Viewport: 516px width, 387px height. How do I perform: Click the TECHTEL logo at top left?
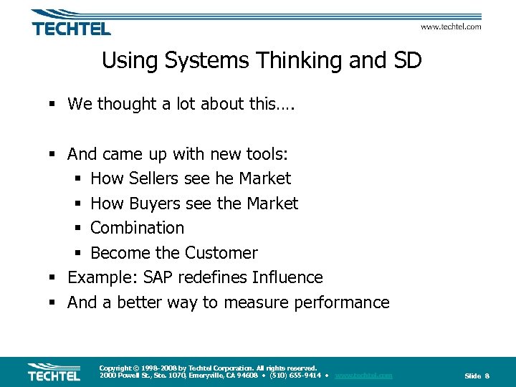pyautogui.click(x=70, y=24)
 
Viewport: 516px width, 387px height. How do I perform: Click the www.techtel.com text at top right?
pyautogui.click(x=450, y=27)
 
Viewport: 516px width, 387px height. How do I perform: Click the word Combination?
pyautogui.click(x=138, y=228)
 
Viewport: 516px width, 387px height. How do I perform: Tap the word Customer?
pyautogui.click(x=221, y=253)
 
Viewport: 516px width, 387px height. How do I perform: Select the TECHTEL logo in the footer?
pyautogui.click(x=54, y=371)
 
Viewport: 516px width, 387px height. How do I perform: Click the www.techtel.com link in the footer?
pyautogui.click(x=363, y=376)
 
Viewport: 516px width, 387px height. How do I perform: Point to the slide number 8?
pyautogui.click(x=487, y=376)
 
